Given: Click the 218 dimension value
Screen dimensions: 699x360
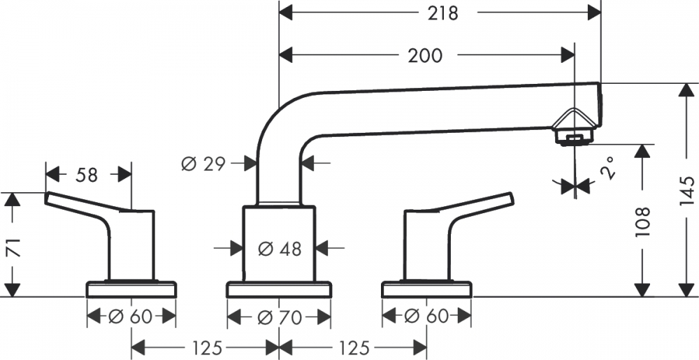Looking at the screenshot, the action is (442, 13).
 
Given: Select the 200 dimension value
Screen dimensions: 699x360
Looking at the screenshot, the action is (425, 56).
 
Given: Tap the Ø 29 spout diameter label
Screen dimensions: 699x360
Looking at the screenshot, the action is (203, 164).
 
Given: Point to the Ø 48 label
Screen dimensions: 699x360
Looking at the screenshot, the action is (280, 249).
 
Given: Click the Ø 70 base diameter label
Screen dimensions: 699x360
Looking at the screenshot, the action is (280, 317).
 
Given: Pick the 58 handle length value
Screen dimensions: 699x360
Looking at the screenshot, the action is (87, 175).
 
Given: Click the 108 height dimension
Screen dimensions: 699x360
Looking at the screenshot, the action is (642, 221).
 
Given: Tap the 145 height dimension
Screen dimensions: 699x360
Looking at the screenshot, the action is (686, 191).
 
